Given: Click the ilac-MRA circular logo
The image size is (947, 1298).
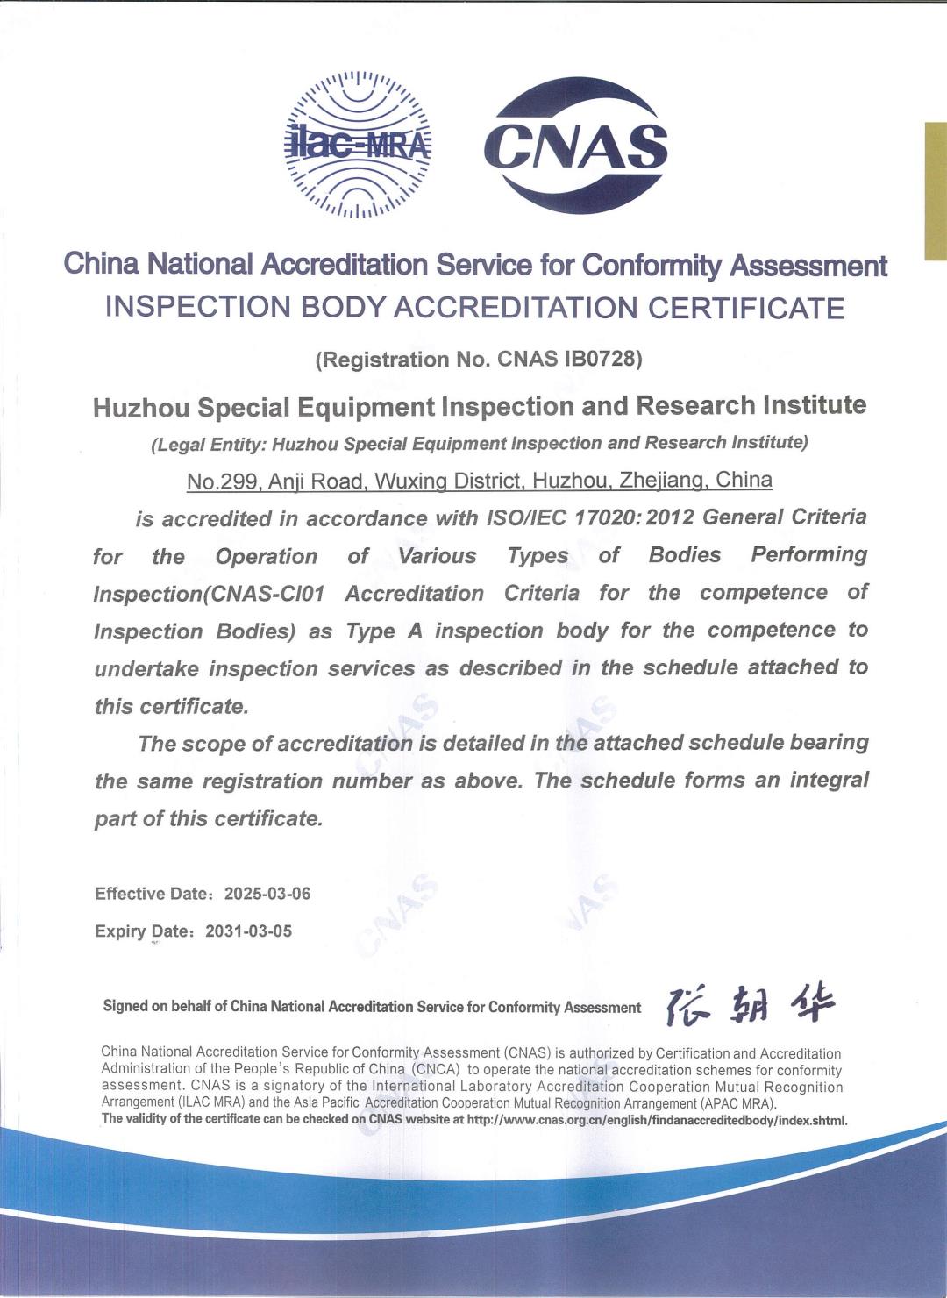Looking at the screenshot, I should coord(358,145).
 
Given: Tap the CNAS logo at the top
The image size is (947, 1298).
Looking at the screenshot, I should coord(576,146).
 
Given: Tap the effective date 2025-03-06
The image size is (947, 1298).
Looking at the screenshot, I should coord(267,894).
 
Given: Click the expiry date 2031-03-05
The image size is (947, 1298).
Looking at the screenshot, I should coord(248,931).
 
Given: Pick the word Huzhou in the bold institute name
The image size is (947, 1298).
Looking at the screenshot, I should coord(142,408).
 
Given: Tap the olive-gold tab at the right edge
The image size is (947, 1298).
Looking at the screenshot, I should coord(935,191).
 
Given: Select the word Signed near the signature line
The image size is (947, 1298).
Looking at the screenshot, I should coord(125,1006).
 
